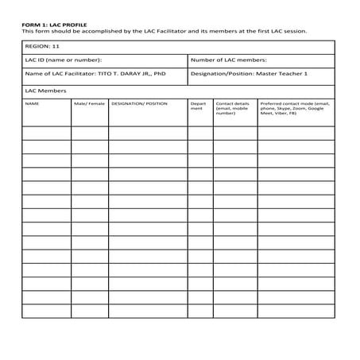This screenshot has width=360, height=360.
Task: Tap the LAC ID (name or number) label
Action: click(63, 60)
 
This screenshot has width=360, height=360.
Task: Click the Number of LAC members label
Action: click(229, 60)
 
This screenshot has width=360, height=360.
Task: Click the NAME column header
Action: click(32, 103)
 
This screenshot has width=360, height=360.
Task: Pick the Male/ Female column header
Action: click(89, 103)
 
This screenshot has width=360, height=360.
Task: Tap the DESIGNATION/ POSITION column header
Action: click(140, 103)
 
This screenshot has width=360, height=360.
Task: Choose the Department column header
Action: click(199, 106)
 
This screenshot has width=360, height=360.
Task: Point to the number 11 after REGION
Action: click(56, 47)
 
